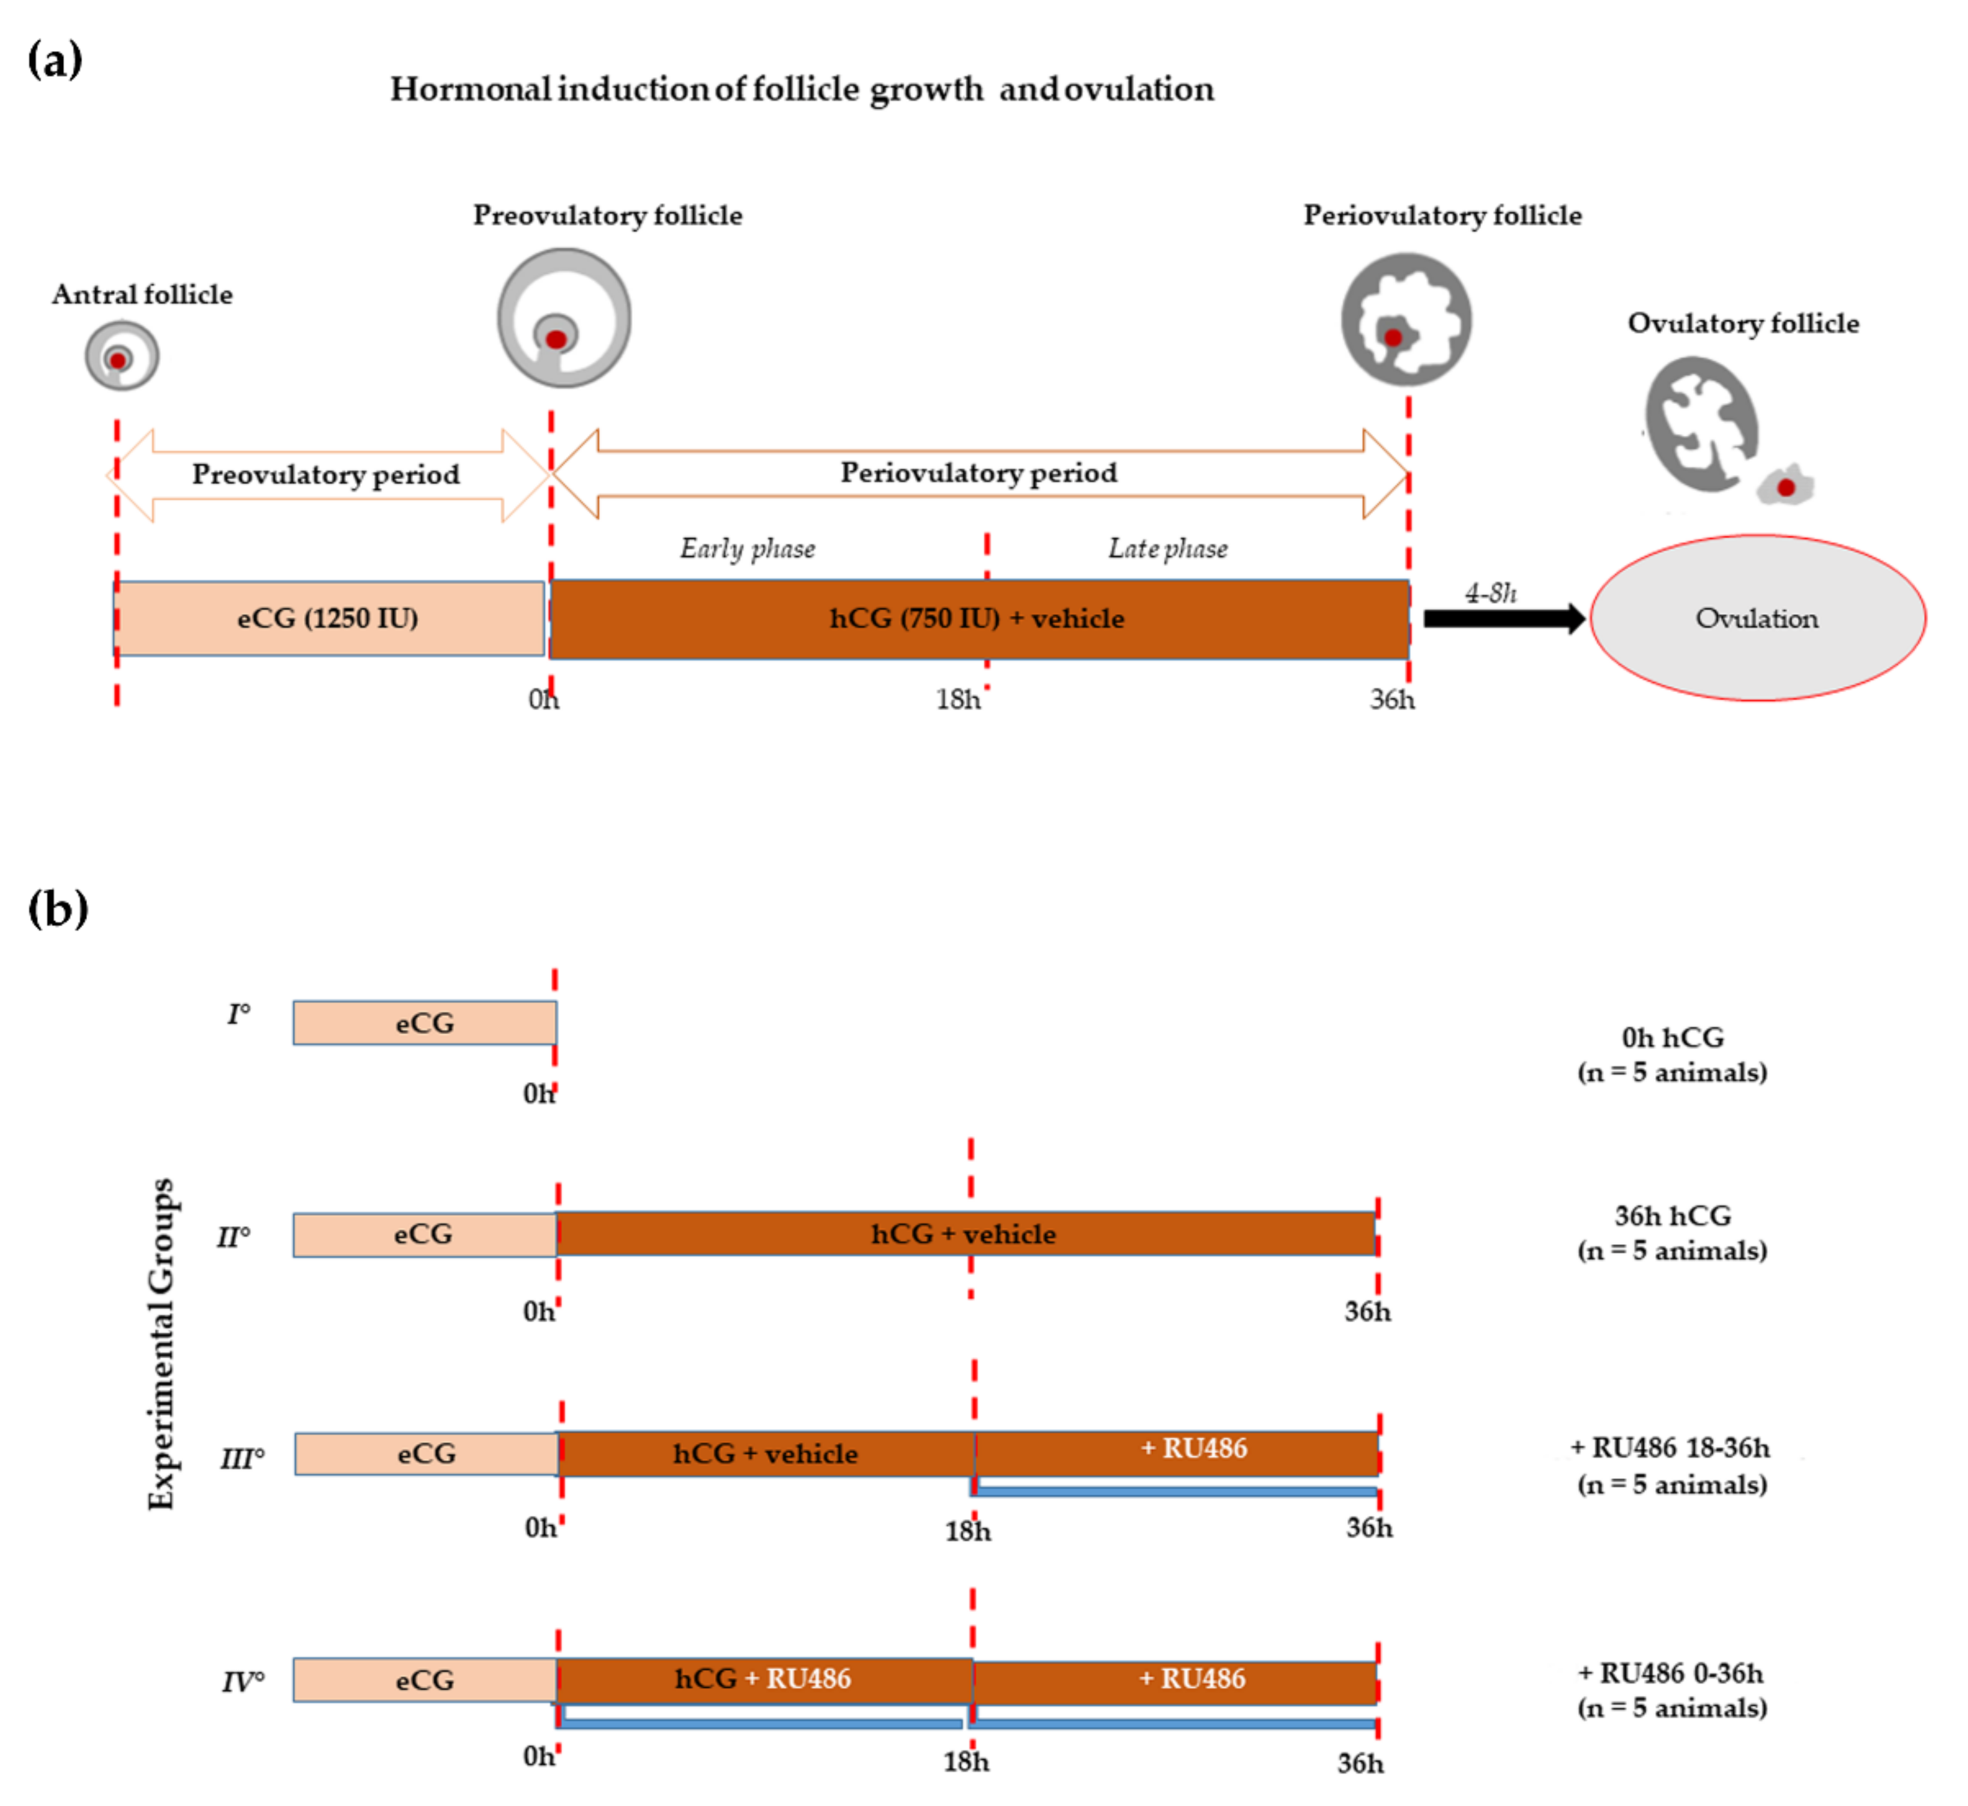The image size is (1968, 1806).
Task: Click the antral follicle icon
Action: click(121, 356)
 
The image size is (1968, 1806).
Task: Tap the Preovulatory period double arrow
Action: click(327, 475)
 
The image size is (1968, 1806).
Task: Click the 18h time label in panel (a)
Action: click(957, 700)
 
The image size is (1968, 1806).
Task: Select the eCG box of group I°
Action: click(425, 1023)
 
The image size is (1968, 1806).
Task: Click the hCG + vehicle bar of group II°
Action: click(965, 1234)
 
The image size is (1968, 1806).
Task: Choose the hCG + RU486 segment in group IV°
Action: click(763, 1679)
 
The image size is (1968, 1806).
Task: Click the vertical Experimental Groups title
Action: click(162, 1344)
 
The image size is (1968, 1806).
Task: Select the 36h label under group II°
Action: click(1367, 1311)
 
